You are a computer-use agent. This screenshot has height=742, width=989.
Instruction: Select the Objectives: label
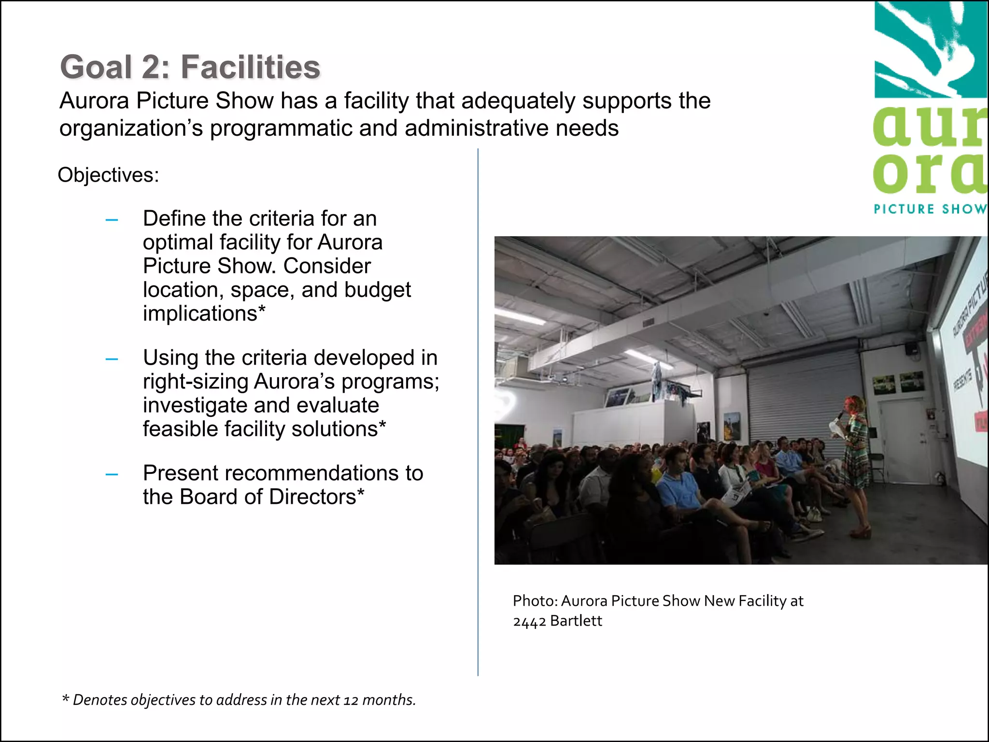(108, 175)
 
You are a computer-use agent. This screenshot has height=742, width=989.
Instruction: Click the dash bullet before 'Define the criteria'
(112, 220)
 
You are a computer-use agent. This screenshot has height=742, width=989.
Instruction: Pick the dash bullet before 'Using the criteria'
(112, 359)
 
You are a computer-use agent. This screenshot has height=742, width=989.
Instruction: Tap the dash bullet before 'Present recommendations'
(112, 475)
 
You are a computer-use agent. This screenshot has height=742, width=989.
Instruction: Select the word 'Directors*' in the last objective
(316, 497)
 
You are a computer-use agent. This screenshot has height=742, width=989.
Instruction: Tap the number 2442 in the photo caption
(529, 621)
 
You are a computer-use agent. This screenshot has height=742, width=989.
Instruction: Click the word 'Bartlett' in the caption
(576, 621)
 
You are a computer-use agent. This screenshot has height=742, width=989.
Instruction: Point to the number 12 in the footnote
(351, 700)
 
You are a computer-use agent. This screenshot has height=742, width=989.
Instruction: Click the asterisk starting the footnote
(65, 699)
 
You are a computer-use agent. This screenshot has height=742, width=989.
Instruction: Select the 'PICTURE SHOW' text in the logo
(930, 209)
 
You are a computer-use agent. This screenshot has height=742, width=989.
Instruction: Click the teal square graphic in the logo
(930, 48)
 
